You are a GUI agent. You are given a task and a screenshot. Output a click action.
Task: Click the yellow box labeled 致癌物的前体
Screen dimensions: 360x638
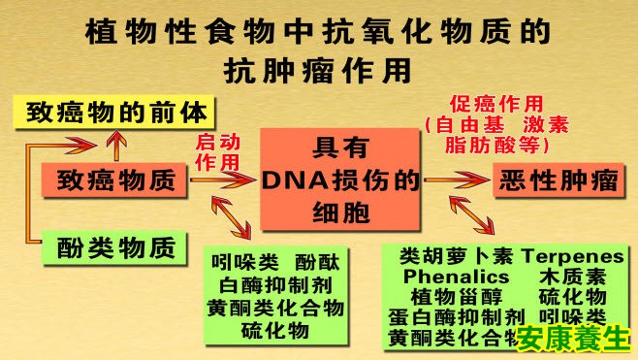point(113,112)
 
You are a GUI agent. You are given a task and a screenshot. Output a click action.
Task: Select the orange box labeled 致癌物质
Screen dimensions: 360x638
point(113,180)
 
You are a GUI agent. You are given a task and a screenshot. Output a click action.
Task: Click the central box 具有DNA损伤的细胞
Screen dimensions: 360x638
point(341,180)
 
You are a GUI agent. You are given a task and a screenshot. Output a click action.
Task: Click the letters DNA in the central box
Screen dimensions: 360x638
point(293,180)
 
